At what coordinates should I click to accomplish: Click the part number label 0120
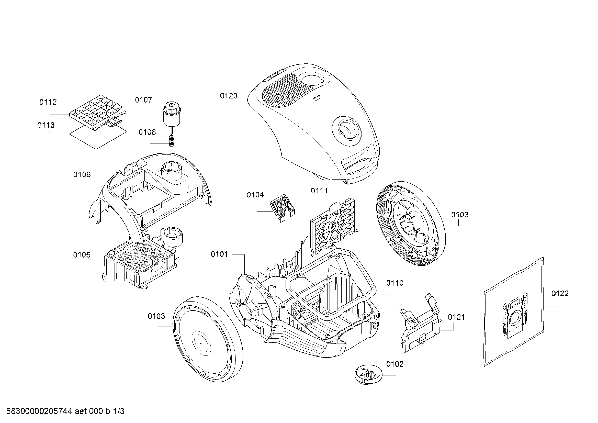[x=228, y=96]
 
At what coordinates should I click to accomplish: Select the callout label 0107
[x=143, y=100]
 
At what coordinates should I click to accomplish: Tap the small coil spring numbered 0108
[x=171, y=141]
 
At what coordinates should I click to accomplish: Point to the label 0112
[x=48, y=102]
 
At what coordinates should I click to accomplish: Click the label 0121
[x=456, y=317]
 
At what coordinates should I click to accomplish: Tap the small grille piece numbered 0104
[x=282, y=208]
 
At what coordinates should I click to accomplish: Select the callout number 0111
[x=319, y=191]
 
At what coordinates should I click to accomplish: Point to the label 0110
[x=395, y=283]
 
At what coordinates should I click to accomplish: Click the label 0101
[x=219, y=254]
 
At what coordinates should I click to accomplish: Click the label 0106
[x=82, y=174]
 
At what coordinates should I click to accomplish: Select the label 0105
[x=82, y=255]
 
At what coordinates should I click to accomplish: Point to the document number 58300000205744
[x=39, y=411]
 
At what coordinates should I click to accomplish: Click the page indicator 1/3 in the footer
[x=119, y=411]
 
